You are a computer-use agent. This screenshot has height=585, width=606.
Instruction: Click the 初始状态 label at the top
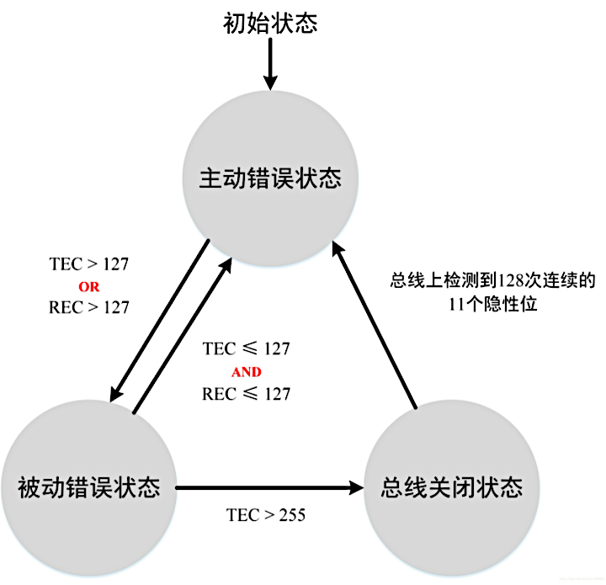pos(269,22)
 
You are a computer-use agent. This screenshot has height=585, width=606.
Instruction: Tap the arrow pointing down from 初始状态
pos(269,64)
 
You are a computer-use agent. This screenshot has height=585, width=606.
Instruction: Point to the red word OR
pos(88,286)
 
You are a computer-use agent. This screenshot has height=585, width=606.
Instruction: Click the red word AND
pos(246,371)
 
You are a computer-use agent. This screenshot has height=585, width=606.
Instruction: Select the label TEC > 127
pos(89,264)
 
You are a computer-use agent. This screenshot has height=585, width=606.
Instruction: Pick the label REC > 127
pos(89,307)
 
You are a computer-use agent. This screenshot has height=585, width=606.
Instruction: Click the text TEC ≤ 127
pos(246,348)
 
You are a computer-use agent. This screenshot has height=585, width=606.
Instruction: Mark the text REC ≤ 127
pos(246,393)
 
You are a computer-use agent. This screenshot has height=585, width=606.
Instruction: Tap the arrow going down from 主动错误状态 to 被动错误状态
pos(160,320)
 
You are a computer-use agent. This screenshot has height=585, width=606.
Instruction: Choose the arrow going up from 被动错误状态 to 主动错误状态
pos(182,337)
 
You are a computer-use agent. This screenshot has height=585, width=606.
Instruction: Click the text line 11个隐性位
pos(492,306)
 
